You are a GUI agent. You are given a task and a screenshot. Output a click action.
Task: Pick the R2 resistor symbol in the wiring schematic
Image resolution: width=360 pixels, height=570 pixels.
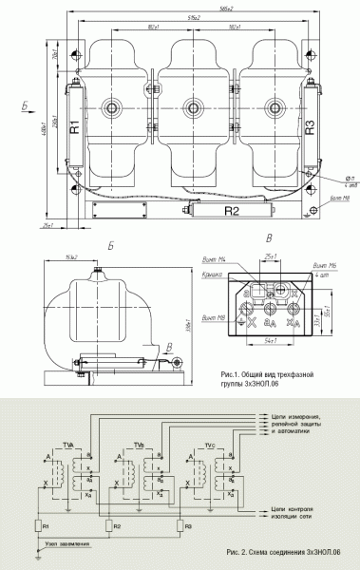tap(107, 524)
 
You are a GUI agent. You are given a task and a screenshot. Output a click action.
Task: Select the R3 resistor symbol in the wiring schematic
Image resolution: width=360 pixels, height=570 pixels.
tap(178, 524)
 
